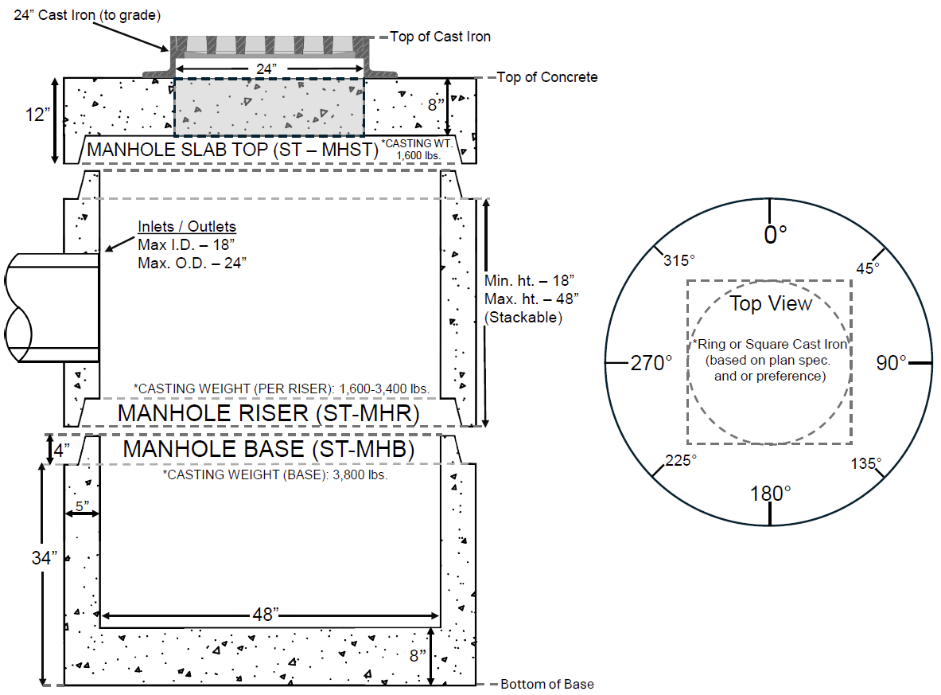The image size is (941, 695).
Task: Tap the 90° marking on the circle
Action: [x=892, y=362]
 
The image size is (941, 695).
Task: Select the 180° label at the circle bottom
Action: [x=770, y=494]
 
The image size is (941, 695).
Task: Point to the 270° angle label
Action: [x=651, y=363]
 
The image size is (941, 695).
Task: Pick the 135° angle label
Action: [x=865, y=463]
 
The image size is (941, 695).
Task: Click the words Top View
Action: [x=771, y=303]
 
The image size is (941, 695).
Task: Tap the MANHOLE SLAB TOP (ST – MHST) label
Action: [x=231, y=149]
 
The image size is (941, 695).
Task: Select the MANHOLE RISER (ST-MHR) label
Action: [x=268, y=413]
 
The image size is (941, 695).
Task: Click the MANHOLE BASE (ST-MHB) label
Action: [x=269, y=449]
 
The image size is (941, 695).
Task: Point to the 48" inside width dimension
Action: [x=265, y=615]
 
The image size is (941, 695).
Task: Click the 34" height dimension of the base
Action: [x=45, y=557]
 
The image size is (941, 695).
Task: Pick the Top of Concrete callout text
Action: [x=547, y=77]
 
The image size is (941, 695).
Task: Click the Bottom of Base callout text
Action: [x=547, y=684]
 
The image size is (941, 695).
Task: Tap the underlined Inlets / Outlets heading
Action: [x=187, y=227]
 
